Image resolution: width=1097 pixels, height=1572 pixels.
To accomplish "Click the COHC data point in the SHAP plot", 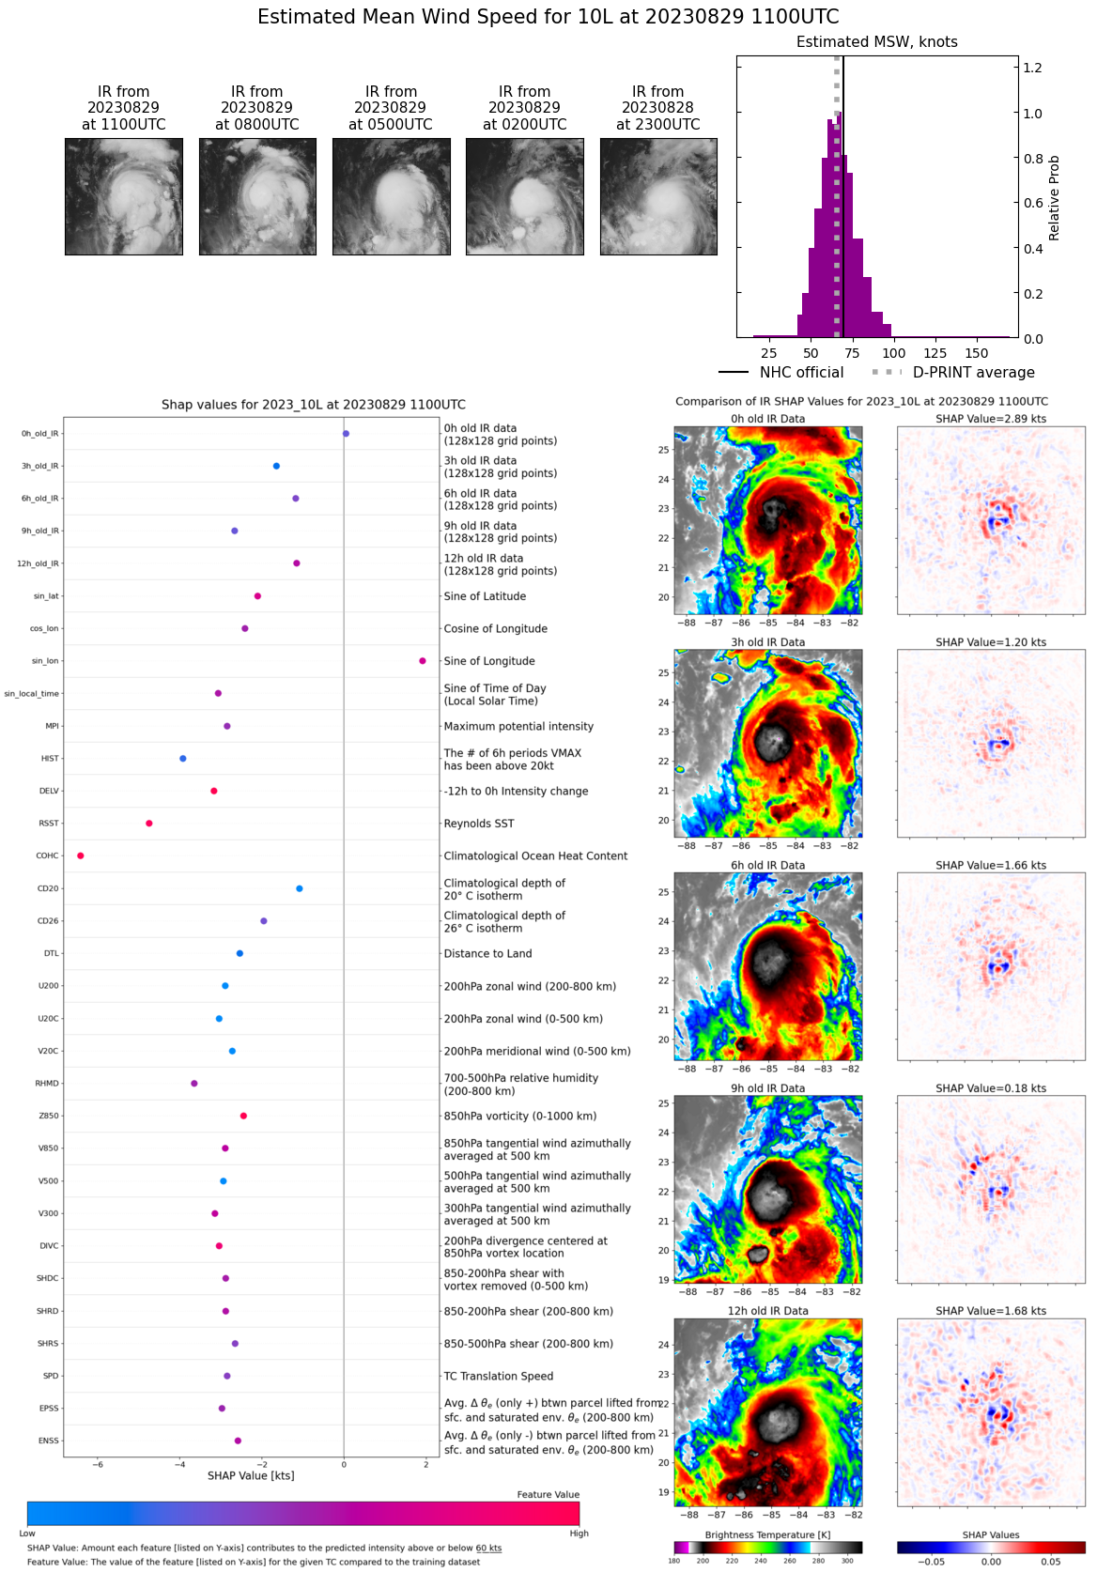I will pos(81,855).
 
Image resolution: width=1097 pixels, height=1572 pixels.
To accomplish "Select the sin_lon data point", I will pos(423,661).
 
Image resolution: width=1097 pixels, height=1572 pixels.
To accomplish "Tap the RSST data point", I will pos(149,824).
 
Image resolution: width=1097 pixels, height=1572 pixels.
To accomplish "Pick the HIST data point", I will pos(183,759).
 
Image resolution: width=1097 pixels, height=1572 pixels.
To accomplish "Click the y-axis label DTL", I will pos(51,954).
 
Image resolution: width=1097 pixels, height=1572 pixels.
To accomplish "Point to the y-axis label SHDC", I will pos(48,1279).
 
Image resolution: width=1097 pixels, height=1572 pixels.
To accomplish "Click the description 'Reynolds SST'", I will pos(479,824).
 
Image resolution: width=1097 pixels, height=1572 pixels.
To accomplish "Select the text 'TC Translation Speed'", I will pos(499,1377).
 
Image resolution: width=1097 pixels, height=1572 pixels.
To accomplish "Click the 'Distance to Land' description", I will pos(487,954).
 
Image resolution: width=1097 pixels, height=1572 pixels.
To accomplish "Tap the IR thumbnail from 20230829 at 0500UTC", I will pos(392,196).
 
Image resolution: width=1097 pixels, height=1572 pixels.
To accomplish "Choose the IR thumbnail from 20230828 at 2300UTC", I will pos(658,196).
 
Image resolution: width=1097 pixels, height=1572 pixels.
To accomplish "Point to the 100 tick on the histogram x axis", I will pos(894,354).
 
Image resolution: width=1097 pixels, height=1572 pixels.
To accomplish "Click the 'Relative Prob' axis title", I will pos(1054,198).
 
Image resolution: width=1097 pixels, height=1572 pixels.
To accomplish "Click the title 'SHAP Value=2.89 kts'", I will pos(991,419).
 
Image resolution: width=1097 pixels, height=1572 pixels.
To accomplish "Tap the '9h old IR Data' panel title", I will pos(767,1088).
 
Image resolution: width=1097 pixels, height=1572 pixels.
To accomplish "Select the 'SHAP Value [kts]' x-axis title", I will pos(251,1476).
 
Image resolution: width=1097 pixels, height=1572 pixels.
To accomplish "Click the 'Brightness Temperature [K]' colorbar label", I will pos(767,1535).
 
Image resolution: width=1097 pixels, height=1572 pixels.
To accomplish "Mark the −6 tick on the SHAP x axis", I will pos(98,1465).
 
